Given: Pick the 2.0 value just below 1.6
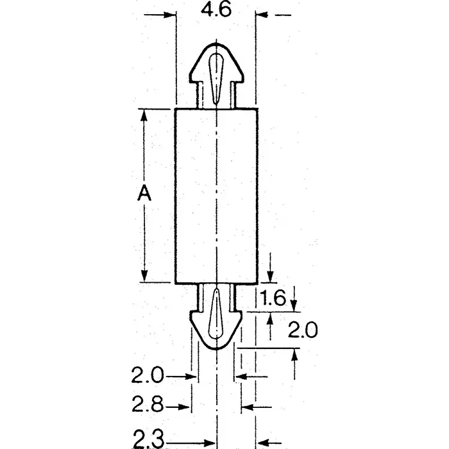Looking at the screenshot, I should pos(302,330).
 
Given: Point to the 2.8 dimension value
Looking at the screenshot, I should pos(148,405).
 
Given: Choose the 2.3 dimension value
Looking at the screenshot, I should pos(149,439).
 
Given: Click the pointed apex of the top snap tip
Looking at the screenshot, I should pos(216,45).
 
